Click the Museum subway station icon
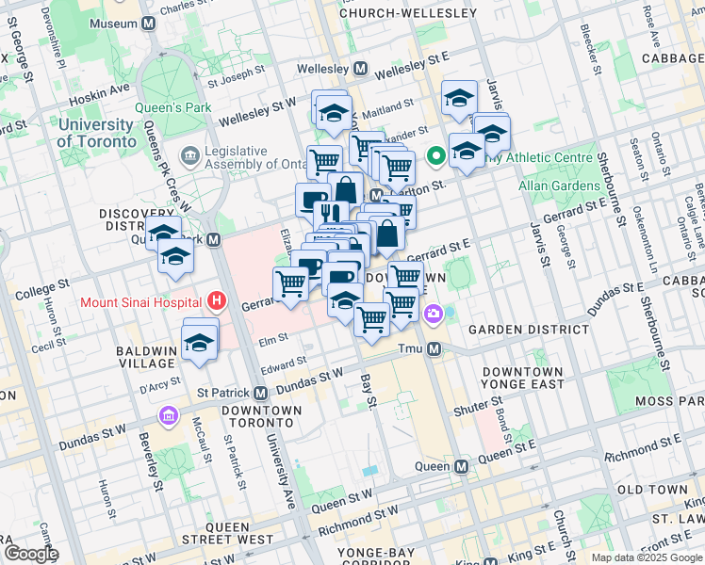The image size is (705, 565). pos(148,23)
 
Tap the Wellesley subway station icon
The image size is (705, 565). pos(360,69)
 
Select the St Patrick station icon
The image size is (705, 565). pos(261,392)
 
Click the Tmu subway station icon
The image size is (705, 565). pos(434,349)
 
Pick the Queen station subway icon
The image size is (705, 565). pos(461,466)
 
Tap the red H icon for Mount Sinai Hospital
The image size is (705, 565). pos(218,302)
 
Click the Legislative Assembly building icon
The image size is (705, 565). pos(191,153)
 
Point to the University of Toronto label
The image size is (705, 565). pos(95,133)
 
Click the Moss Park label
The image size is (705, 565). pos(668,401)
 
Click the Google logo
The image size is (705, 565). pos(31,554)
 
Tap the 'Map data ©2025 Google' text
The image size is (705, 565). pos(646,557)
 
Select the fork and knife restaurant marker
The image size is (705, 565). pos(330,213)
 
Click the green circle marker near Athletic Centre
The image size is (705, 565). pos(436,157)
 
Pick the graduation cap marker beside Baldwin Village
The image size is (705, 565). pos(201,341)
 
